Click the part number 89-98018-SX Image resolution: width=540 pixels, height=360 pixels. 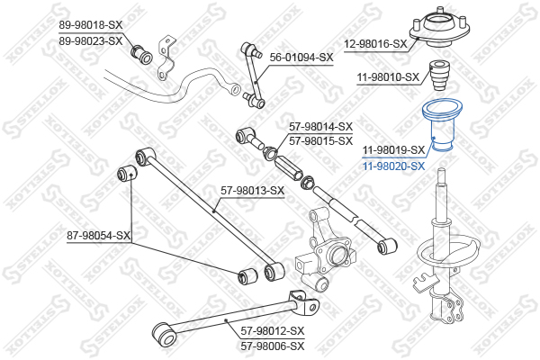click(x=91, y=25)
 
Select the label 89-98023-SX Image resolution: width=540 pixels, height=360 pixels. click(x=91, y=41)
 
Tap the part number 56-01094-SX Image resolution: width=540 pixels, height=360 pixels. click(x=301, y=58)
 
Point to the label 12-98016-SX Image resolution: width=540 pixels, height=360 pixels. click(x=375, y=44)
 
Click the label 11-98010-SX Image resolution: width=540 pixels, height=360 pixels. click(x=388, y=76)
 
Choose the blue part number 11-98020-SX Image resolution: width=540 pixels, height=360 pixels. click(x=393, y=166)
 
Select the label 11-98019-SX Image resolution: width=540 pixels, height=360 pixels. click(x=393, y=150)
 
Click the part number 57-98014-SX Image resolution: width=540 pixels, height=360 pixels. click(x=321, y=127)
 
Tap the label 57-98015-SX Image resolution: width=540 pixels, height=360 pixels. click(x=321, y=141)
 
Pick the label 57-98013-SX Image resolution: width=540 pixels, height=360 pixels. click(x=253, y=190)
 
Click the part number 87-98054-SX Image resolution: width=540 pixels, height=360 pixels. click(x=98, y=236)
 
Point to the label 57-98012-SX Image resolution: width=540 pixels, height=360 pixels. click(x=273, y=331)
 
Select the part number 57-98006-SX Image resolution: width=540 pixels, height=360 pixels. click(x=273, y=346)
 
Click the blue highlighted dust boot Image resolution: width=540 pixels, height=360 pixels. click(x=442, y=125)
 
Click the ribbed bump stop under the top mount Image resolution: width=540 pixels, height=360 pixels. click(x=439, y=76)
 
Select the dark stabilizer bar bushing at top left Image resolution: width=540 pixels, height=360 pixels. click(x=141, y=54)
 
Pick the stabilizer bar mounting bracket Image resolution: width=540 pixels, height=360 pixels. click(x=166, y=58)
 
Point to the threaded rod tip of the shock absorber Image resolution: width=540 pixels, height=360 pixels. click(x=442, y=171)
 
